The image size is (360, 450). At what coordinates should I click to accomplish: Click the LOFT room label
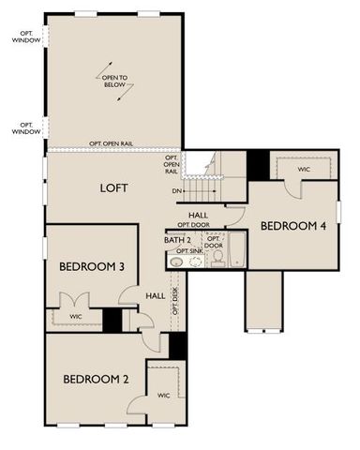click(113, 187)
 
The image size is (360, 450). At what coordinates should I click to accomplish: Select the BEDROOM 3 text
click(92, 266)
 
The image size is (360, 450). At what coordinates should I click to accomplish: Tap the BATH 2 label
click(177, 241)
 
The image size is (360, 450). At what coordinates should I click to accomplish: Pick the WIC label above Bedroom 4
click(304, 171)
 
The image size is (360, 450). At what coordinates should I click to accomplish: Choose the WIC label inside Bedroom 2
click(163, 395)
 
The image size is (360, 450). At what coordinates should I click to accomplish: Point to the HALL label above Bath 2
click(198, 215)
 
